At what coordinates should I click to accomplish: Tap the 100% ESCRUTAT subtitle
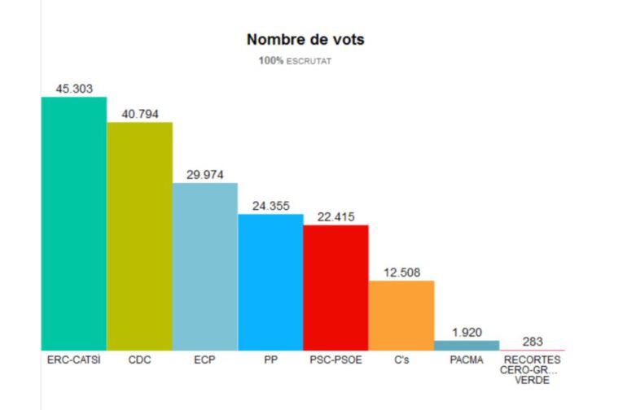295,60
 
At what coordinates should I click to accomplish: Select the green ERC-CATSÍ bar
74,224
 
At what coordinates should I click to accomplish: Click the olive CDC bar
139,236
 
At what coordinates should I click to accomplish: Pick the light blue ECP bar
205,267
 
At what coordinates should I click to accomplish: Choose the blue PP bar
270,282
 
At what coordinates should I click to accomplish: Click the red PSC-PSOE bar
335,287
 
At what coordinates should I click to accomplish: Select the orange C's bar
401,316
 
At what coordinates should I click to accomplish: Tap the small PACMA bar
467,346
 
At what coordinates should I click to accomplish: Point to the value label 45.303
74,87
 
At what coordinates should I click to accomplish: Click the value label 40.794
139,113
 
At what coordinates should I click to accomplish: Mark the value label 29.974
205,174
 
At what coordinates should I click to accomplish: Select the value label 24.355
270,206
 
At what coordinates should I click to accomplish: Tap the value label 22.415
335,216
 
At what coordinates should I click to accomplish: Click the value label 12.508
401,273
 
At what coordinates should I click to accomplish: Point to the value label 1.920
467,332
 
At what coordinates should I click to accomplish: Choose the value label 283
533,342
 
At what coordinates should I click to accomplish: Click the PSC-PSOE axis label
335,360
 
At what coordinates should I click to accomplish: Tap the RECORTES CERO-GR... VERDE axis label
533,369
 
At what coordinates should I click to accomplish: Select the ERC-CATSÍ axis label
74,360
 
